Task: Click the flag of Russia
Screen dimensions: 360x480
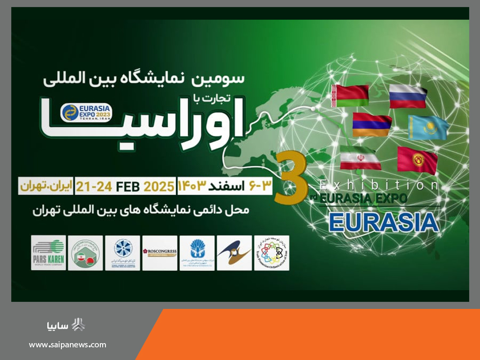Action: [408, 96]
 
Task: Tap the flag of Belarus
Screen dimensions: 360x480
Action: [350, 96]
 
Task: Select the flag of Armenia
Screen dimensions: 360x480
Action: [372, 125]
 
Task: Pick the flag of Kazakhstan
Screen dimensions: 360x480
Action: [427, 127]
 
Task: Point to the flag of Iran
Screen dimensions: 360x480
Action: [360, 158]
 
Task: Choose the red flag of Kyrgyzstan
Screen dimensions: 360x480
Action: [417, 160]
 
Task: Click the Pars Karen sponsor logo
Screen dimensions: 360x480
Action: [48, 253]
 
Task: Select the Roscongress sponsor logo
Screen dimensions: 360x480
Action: [159, 253]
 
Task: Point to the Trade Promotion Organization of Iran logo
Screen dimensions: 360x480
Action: [271, 253]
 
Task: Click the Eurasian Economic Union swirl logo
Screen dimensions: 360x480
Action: [234, 253]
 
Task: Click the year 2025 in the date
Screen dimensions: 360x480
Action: [159, 186]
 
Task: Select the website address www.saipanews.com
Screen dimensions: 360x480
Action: [67, 345]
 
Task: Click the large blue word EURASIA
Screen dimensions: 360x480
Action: [383, 222]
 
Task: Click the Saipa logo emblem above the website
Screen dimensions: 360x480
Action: [78, 325]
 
